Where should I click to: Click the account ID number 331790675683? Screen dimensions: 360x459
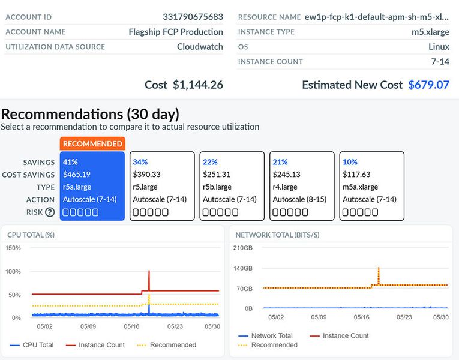193,17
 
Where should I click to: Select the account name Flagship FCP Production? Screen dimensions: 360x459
176,32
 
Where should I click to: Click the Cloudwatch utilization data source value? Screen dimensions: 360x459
200,46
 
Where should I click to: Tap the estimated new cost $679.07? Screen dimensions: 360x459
428,85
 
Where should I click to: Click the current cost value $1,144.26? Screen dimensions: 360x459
197,85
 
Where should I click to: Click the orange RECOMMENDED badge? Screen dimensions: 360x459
92,143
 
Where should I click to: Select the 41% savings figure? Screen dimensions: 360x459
70,162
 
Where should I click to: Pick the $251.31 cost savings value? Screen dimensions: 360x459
216,174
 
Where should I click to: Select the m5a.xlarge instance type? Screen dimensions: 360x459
360,187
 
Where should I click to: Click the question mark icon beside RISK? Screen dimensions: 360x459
50,212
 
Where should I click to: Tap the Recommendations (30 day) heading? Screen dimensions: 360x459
90,114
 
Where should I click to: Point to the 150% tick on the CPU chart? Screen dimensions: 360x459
13,248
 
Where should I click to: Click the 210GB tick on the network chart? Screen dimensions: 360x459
243,248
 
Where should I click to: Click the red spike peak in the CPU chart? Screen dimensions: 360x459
149,272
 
